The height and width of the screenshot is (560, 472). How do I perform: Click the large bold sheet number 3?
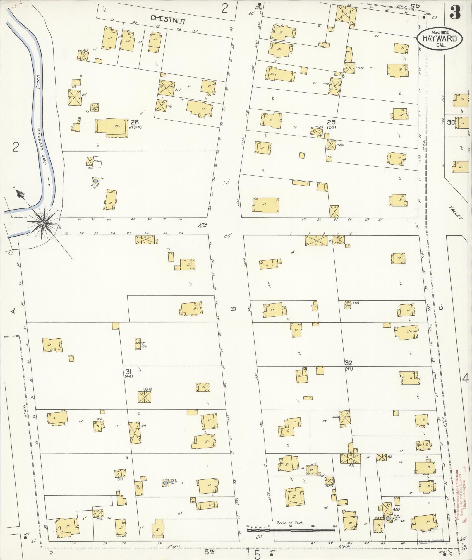pyautogui.click(x=455, y=12)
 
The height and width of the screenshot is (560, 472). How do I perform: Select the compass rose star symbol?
pyautogui.click(x=43, y=223)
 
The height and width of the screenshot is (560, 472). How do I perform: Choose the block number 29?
pyautogui.click(x=331, y=122)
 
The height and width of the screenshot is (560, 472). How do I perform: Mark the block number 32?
pyautogui.click(x=349, y=363)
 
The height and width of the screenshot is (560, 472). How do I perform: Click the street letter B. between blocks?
pyautogui.click(x=233, y=308)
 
